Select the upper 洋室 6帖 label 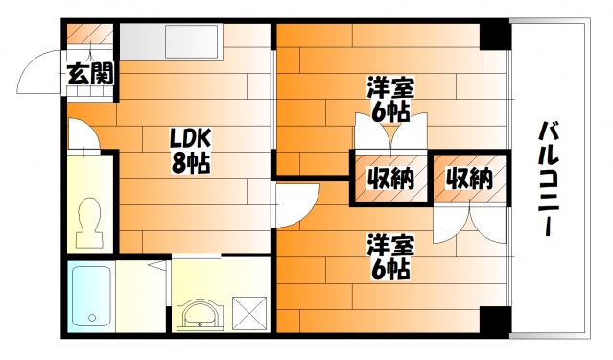point(390,100)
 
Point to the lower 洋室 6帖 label point(390,256)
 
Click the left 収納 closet point(390,178)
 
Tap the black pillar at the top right point(494,36)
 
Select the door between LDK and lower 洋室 point(297,204)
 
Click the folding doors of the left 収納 point(390,140)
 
